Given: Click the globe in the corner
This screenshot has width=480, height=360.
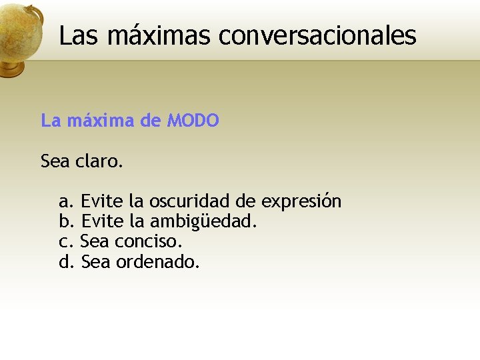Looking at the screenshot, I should (20, 37).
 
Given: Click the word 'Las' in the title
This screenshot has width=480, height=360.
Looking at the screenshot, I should (77, 35).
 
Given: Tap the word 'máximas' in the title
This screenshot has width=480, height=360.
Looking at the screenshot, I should (157, 35).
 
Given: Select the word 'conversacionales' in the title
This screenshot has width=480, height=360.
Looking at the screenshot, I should (317, 35).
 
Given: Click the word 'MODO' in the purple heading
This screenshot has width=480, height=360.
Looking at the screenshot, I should (193, 121).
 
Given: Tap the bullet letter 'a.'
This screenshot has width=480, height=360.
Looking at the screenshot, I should (67, 201).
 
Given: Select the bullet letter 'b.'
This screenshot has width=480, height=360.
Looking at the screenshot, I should (67, 221).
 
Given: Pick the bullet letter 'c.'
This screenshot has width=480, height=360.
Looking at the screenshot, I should (66, 241).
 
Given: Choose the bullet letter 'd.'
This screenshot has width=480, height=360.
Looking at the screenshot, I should (67, 262).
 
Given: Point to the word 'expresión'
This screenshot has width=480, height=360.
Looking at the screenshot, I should (301, 201).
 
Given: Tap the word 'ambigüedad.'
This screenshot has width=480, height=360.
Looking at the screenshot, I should (203, 221).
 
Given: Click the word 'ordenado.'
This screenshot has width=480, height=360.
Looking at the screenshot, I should (158, 262).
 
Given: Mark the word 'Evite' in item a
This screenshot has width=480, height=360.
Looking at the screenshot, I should (103, 201).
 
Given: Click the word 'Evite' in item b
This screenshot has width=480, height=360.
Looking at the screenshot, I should (103, 221).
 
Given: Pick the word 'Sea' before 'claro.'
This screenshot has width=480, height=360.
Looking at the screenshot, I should (55, 161).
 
